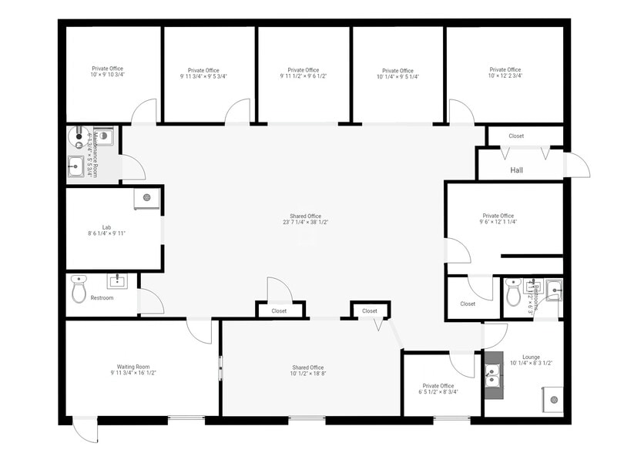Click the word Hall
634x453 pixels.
[x=516, y=169]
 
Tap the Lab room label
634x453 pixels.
[x=106, y=227]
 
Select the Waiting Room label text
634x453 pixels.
[x=133, y=367]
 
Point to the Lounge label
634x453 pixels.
[x=531, y=357]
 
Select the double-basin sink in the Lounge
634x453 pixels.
[x=494, y=377]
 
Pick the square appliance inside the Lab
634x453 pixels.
[x=146, y=198]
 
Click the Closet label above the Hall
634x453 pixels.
[x=516, y=136]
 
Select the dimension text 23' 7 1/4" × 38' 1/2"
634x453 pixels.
[x=305, y=222]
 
